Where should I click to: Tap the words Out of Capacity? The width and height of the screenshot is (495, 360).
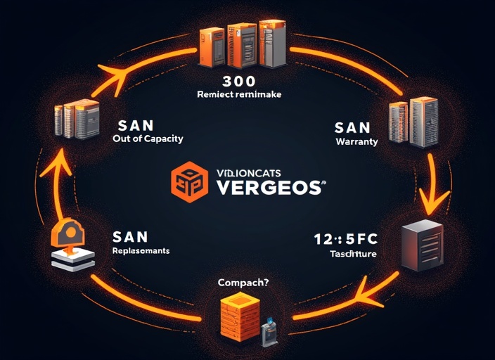(148, 139)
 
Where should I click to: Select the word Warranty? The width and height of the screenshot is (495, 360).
(356, 141)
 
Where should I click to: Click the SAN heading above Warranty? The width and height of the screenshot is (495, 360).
(352, 127)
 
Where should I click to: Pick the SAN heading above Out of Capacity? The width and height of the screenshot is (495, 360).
(131, 124)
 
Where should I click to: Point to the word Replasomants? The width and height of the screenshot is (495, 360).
(141, 250)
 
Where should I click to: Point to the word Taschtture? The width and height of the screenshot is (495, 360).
(354, 254)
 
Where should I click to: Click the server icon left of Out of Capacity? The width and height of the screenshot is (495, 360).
(77, 120)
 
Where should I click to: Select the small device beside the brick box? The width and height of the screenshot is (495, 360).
(269, 330)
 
